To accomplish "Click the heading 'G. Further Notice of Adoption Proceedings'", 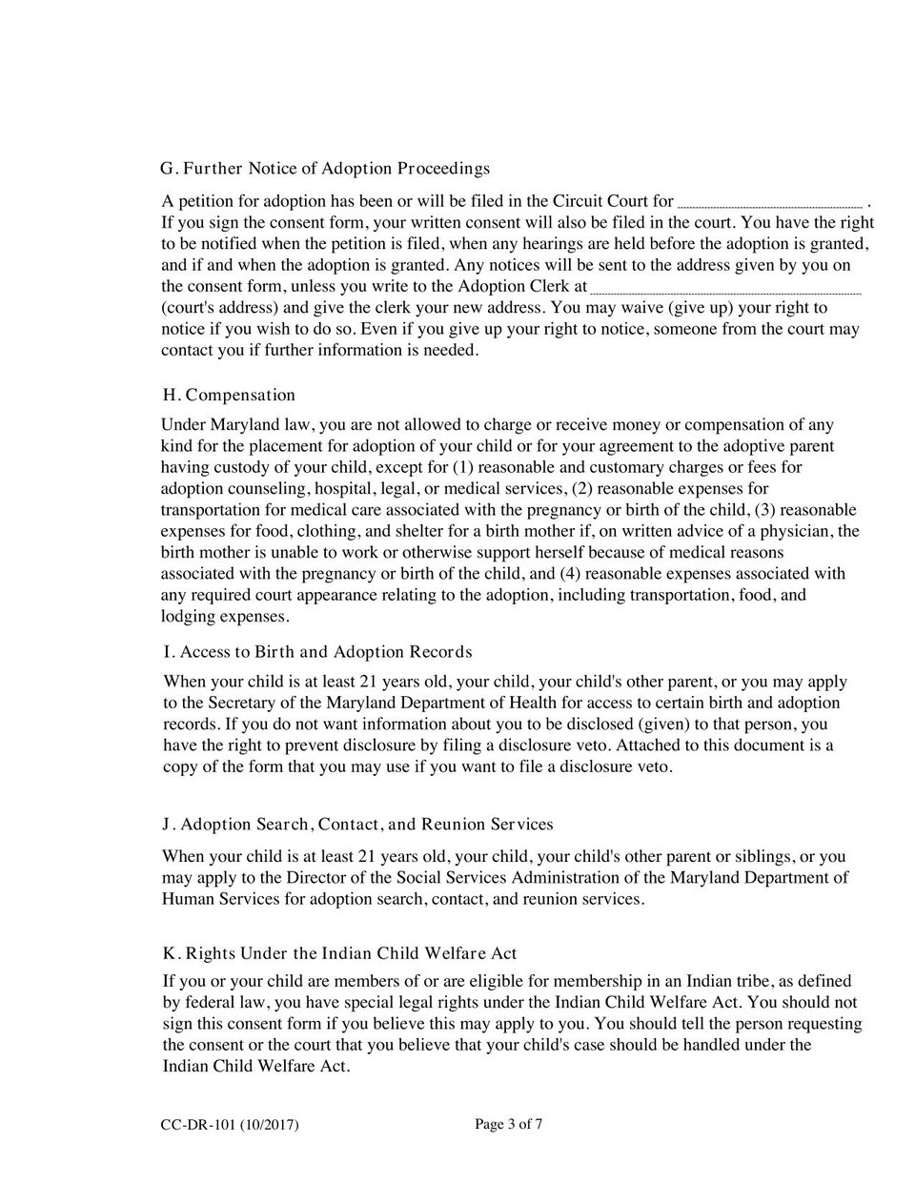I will (326, 169).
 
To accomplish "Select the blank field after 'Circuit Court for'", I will (769, 202).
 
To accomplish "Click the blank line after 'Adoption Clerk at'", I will (725, 288).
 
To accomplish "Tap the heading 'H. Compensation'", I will (230, 395).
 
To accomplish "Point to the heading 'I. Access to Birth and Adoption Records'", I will (317, 652).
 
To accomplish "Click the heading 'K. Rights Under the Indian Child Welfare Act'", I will (340, 953).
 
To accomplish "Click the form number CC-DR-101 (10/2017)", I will (230, 1126).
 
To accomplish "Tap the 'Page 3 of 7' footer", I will (509, 1125).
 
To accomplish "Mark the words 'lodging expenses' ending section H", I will (224, 617).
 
